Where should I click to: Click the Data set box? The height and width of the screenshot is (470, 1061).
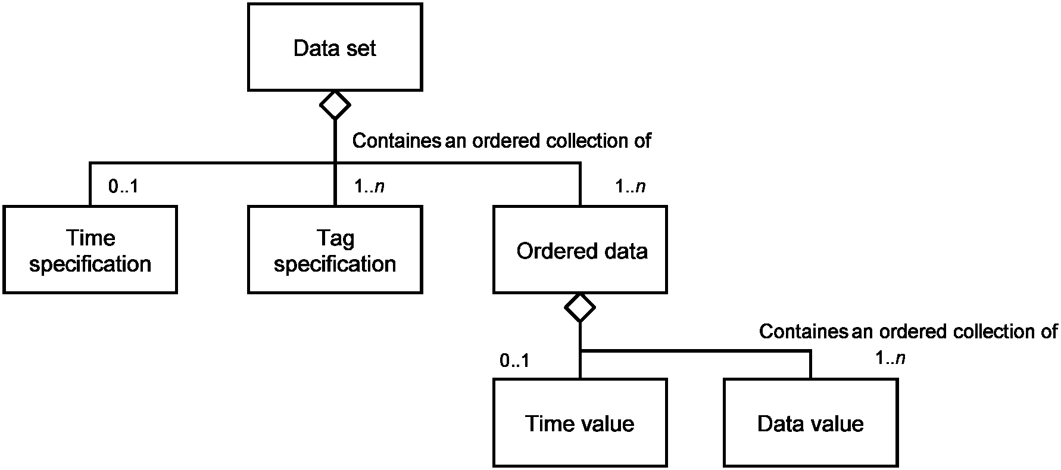335,47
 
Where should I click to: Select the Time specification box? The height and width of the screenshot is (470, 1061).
90,250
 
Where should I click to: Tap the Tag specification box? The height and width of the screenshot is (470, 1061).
335,250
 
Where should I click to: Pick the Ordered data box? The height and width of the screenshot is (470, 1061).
580,250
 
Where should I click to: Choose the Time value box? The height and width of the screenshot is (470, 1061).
580,422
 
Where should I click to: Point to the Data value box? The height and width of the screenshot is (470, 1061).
810,422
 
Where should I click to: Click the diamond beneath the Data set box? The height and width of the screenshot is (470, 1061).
335,105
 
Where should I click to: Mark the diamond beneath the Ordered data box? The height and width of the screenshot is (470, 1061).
580,308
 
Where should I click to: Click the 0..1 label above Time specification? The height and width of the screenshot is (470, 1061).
123,186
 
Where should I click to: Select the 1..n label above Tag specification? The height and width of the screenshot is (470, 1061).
369,186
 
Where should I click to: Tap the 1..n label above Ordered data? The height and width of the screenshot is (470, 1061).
631,186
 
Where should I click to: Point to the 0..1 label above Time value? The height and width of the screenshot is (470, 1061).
514,360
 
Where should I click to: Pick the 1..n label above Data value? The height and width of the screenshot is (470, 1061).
890,358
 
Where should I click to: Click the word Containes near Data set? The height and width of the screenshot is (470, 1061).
397,141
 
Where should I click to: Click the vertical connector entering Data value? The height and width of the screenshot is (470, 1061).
810,365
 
